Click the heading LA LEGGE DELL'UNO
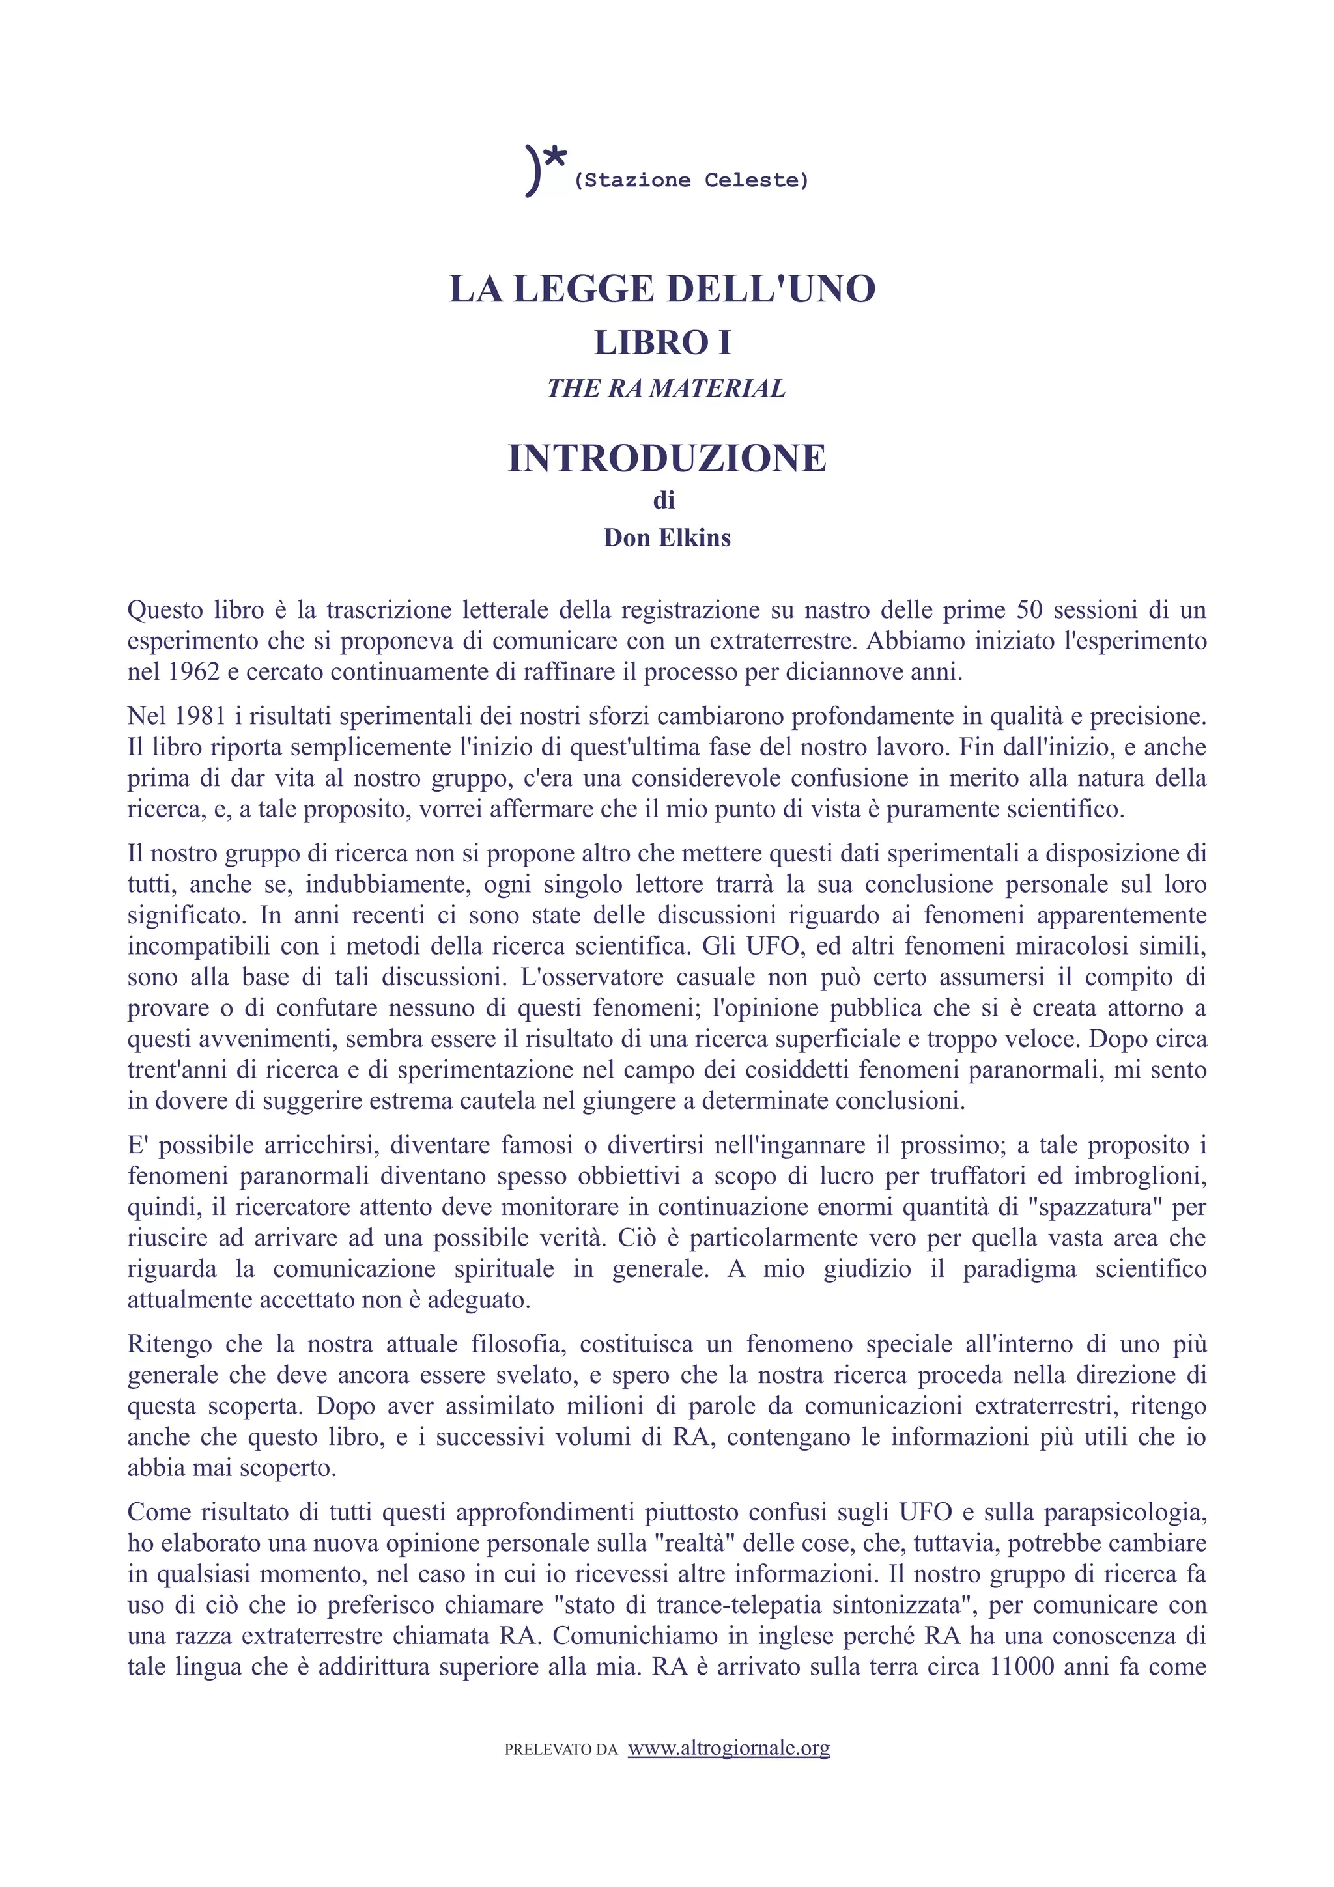[x=662, y=289]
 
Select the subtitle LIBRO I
[x=662, y=342]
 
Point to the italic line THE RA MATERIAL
[x=666, y=388]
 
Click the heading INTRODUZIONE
[x=666, y=458]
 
